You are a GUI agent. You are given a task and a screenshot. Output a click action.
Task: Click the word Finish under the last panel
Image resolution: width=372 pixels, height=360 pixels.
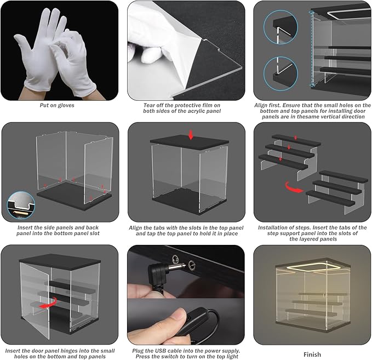point(312,355)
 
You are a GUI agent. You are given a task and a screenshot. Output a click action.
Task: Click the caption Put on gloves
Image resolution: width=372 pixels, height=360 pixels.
point(57,105)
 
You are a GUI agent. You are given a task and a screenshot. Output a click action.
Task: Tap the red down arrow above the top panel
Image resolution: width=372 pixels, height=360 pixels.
point(191,135)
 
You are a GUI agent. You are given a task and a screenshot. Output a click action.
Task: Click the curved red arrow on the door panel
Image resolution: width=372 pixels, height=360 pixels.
point(49,303)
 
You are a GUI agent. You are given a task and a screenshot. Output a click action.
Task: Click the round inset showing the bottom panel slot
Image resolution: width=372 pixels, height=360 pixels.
point(21,205)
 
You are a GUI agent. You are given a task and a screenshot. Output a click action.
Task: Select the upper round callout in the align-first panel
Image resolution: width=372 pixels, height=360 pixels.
point(281,27)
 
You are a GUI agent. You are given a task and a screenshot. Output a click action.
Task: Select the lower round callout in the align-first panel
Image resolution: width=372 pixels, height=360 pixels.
point(281,73)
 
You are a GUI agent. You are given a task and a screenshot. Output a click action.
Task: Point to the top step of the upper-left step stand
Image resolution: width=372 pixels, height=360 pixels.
point(296,140)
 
